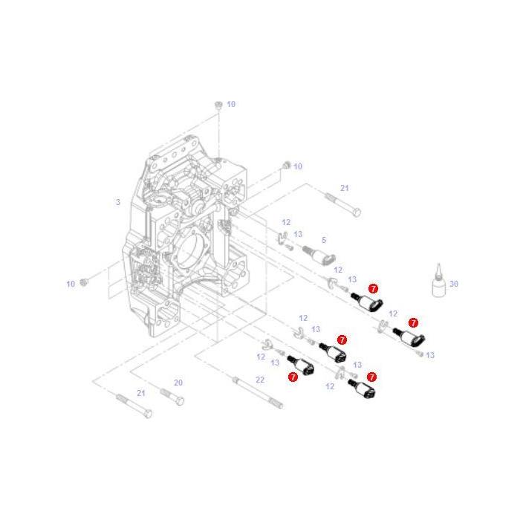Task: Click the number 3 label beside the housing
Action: [117, 202]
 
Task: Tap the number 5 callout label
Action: [323, 240]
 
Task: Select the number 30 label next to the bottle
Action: [454, 284]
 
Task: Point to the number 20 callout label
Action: [178, 383]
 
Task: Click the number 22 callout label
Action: [259, 380]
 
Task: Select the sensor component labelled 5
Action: [322, 256]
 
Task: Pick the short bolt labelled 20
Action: [172, 396]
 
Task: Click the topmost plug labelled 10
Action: [218, 105]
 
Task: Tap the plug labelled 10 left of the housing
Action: [85, 282]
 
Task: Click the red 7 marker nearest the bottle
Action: [414, 323]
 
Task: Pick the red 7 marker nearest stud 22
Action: [293, 377]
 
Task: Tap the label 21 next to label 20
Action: [141, 392]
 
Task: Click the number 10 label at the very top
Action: [231, 104]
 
